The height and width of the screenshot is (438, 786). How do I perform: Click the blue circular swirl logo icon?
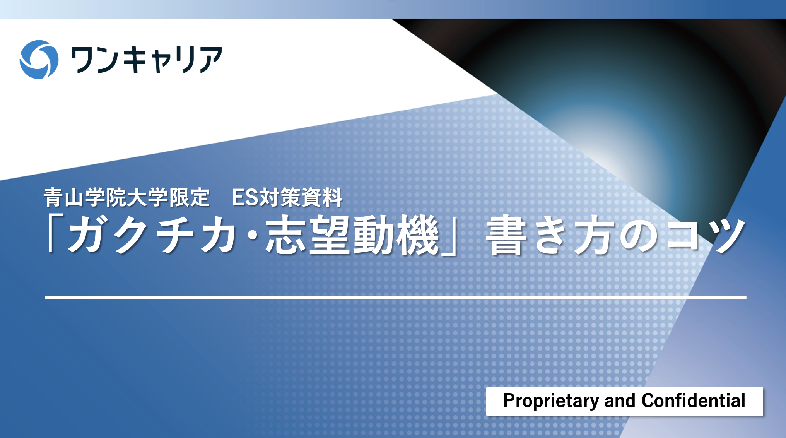[39, 60]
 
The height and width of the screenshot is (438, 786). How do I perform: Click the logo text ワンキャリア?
[146, 59]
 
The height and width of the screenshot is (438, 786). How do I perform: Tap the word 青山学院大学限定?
[126, 197]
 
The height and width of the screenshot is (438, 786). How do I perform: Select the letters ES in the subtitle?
[245, 198]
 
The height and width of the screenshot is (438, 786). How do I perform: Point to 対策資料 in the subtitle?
[301, 197]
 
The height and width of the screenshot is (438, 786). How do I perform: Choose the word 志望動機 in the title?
[352, 235]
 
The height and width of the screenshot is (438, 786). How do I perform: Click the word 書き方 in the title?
[551, 235]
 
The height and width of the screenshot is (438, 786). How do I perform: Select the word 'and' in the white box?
[620, 400]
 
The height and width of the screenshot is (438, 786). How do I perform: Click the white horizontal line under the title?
[396, 298]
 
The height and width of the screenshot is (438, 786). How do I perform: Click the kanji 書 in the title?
[507, 235]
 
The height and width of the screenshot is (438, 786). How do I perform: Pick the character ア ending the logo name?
[209, 59]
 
